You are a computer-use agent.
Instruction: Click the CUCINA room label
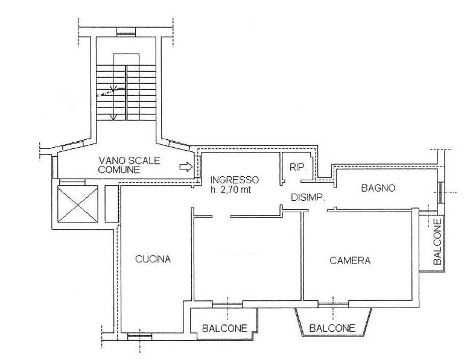pos(153,259)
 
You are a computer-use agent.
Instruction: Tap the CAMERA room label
pos(350,261)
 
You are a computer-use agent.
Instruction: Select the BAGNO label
pos(378,188)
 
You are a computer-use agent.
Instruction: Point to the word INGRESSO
pos(234,180)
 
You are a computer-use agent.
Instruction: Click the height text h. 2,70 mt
pos(230,189)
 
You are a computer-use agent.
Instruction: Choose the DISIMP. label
pos(308,198)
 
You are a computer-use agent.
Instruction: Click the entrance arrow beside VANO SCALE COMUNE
pos(186,166)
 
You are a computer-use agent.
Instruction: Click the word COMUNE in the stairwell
pos(119,169)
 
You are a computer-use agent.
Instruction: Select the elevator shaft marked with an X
pos(77,204)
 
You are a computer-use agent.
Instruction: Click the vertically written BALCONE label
pos(437,242)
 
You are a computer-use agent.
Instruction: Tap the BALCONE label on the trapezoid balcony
pos(332,328)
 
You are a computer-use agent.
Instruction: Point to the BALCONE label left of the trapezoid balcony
pos(224,328)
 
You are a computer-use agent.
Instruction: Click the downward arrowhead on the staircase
pos(113,117)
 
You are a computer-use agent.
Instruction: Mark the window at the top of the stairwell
pos(125,31)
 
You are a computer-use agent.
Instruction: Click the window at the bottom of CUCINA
pos(139,336)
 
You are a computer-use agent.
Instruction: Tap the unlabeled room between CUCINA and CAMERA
pos(247,258)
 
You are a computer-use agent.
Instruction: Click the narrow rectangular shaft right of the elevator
pos(111,204)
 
